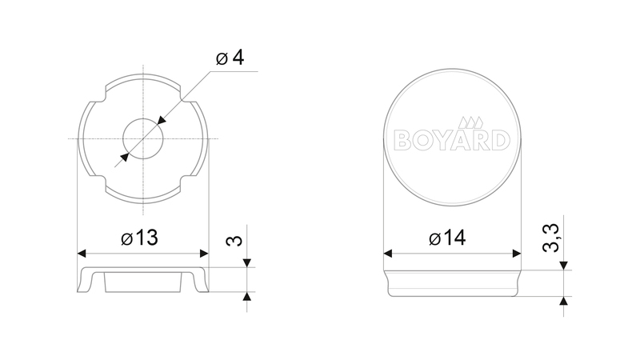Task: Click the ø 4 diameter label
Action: point(230,58)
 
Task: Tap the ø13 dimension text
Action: point(139,238)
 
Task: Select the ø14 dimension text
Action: point(447,238)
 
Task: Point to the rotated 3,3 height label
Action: point(550,238)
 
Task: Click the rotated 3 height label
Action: point(234,241)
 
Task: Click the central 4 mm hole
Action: point(143,138)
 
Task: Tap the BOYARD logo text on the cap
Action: point(452,140)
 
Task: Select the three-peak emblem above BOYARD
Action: point(470,122)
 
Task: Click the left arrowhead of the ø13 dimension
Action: point(82,254)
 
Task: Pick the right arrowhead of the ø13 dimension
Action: point(204,254)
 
